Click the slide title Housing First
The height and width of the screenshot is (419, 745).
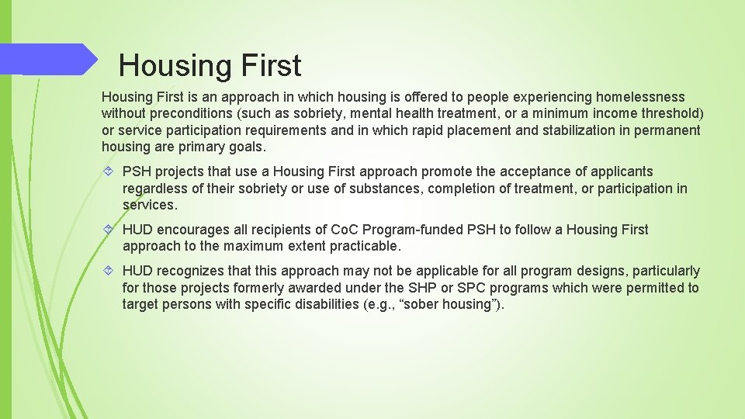[210, 66]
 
